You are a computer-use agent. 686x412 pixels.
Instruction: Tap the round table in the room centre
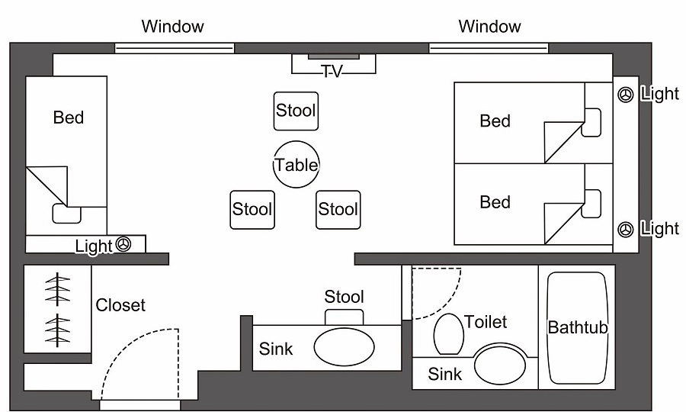[297, 164]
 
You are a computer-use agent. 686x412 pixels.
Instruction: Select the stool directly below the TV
[296, 111]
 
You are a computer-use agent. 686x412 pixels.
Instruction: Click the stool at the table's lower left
[252, 209]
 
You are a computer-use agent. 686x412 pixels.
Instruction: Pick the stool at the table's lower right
[338, 209]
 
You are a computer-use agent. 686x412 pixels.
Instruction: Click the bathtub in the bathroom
[578, 328]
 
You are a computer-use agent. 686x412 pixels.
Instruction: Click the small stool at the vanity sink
[344, 315]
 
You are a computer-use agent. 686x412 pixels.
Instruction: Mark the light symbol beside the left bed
[124, 245]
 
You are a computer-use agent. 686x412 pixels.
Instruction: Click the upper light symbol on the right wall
[626, 95]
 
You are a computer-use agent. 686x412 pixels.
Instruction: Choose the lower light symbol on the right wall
[626, 228]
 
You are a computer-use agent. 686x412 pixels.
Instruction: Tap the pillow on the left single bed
[66, 214]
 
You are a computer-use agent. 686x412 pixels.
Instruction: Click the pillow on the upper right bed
[591, 123]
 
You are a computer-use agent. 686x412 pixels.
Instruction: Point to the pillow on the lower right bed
[591, 202]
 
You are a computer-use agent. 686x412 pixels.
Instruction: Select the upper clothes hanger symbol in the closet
[57, 290]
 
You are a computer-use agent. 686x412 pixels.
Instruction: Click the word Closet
[120, 305]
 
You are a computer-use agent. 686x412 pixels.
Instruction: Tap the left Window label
[173, 27]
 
